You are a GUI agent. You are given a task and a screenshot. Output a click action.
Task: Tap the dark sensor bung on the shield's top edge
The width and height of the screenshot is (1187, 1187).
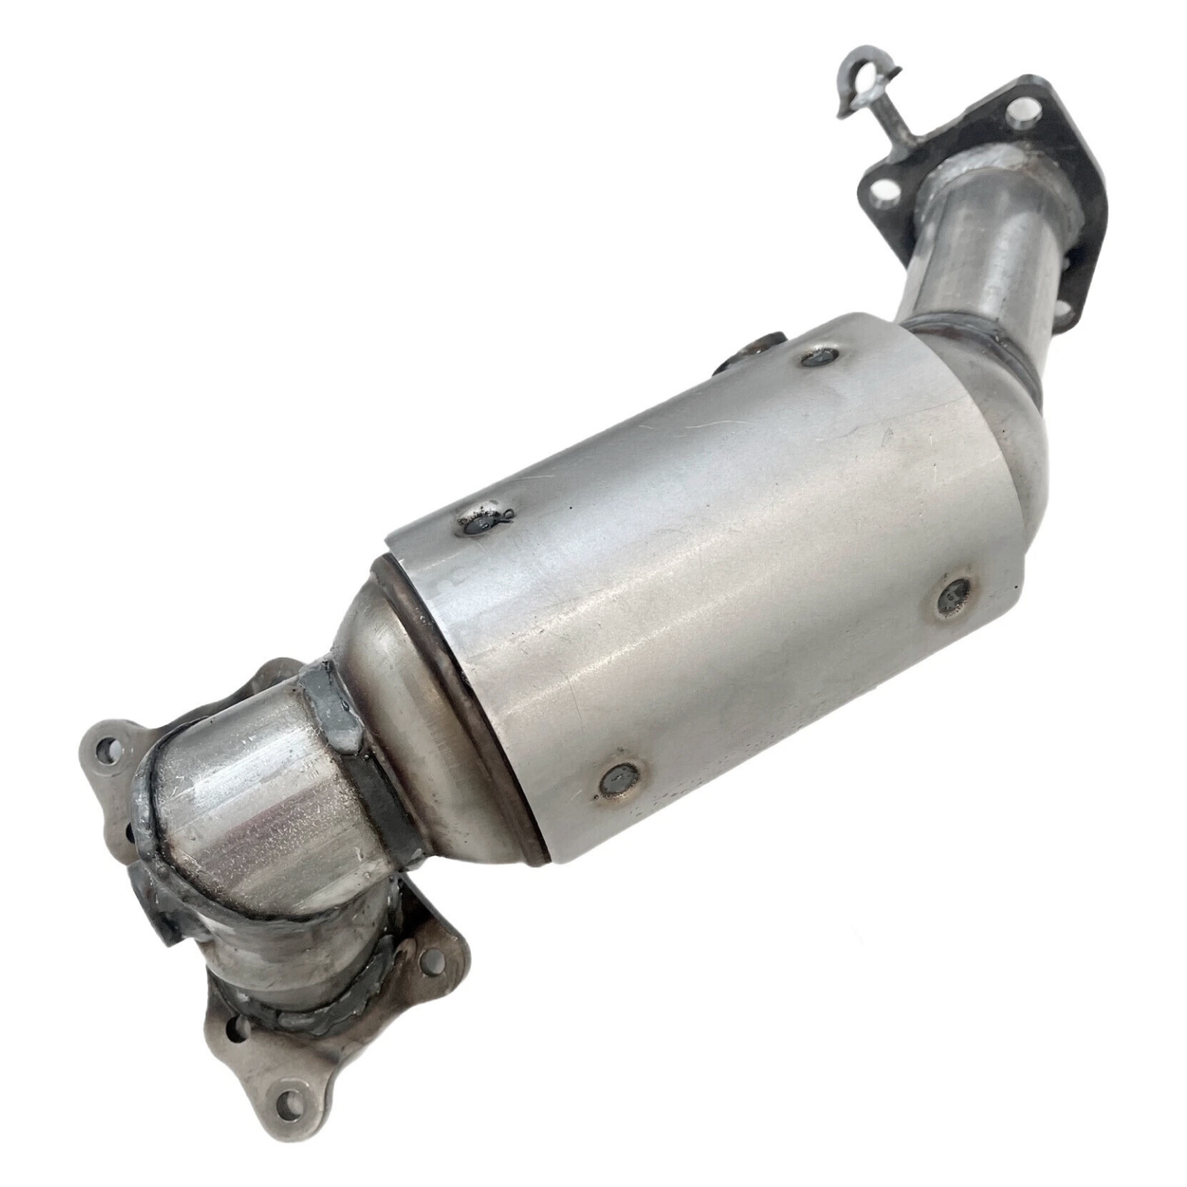tap(752, 351)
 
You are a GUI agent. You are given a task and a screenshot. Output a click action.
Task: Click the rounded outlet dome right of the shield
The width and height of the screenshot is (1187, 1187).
tap(1027, 460)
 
